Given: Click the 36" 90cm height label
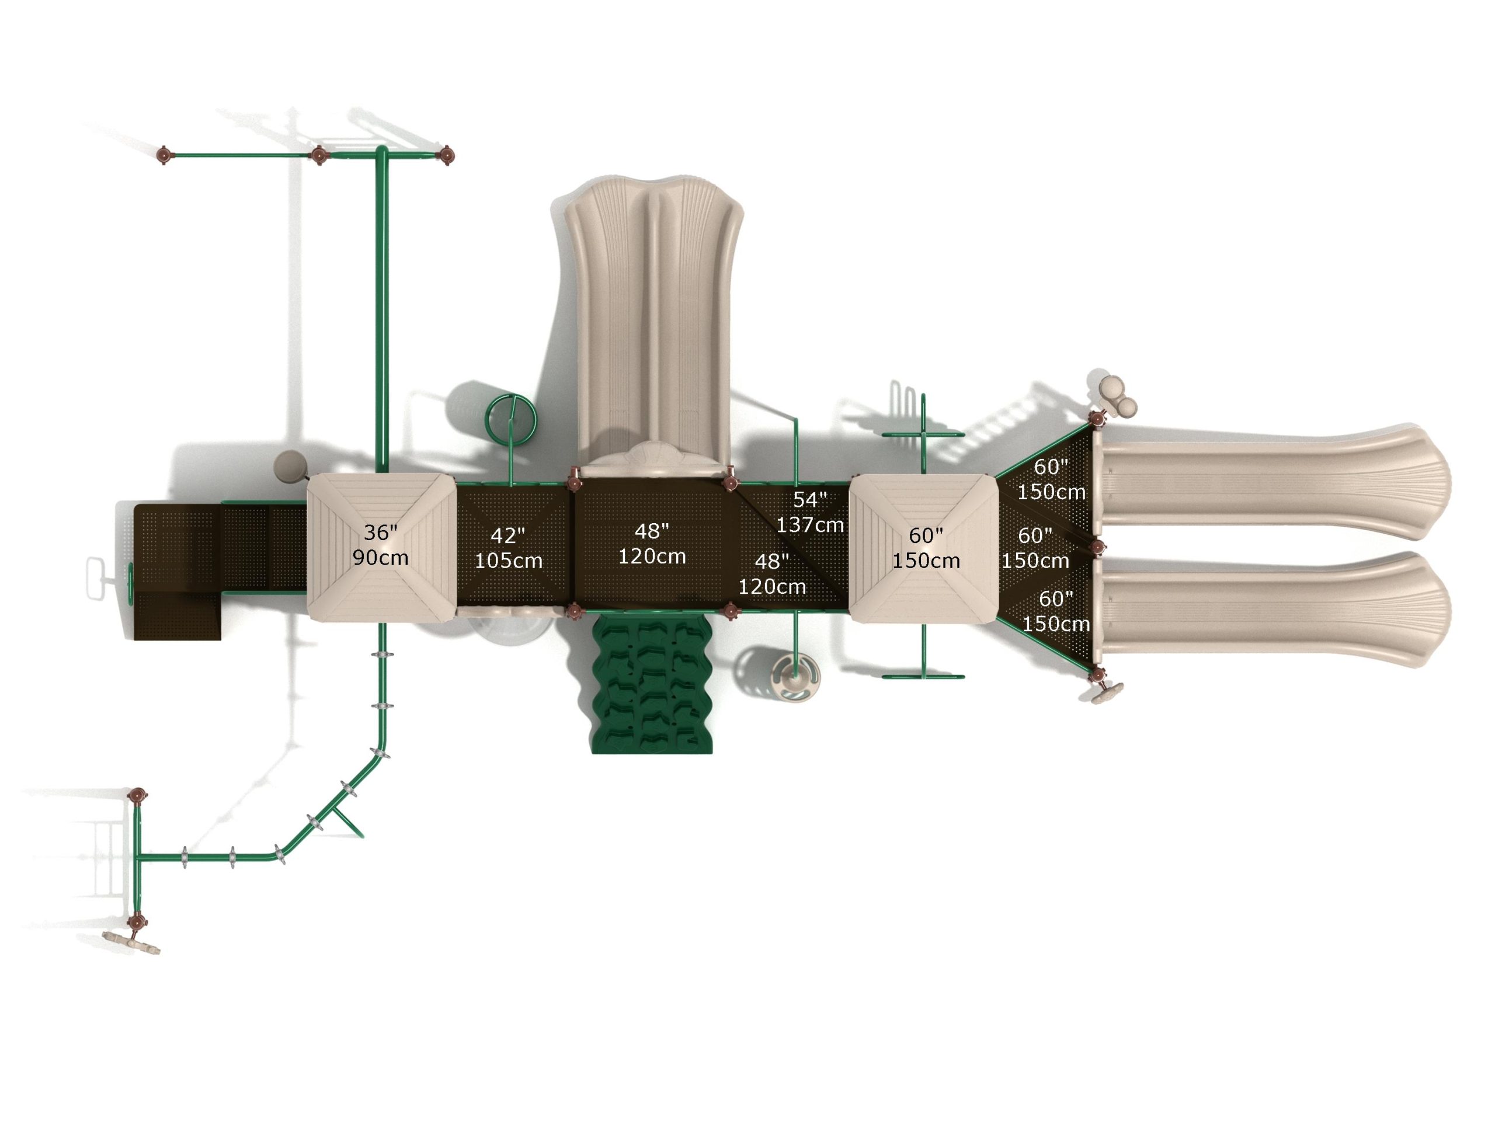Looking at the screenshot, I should (x=381, y=545).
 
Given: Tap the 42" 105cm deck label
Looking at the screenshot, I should (x=508, y=548).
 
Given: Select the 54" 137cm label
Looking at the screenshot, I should (x=809, y=512).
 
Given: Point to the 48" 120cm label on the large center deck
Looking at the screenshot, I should (x=652, y=543).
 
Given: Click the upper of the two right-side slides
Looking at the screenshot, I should (x=1271, y=482).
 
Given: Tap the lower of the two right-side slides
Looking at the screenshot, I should (x=1271, y=610).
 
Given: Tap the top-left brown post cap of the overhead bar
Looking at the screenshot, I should (x=164, y=155).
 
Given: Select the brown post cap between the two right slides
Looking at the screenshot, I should (x=1097, y=546).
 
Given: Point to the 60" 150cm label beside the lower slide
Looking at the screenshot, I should (x=1056, y=611).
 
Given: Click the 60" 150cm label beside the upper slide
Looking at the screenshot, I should (x=1051, y=479).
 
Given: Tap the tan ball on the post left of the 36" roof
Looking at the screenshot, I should (x=289, y=465).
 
